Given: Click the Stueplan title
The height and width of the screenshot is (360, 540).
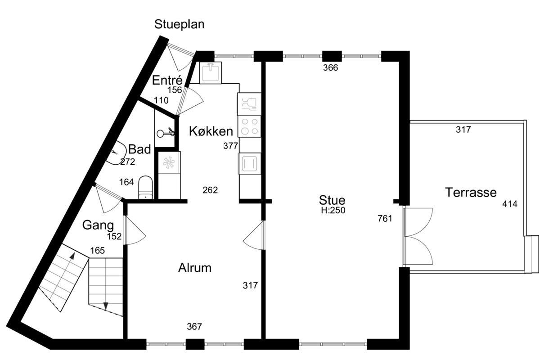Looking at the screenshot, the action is [x=179, y=25].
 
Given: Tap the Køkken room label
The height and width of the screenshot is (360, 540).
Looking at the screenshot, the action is [x=211, y=131].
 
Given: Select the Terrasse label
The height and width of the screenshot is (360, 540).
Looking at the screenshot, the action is [x=471, y=193].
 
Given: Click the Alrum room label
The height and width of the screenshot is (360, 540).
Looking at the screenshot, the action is [x=195, y=268].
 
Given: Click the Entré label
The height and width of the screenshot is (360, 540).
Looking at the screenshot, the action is [x=167, y=80].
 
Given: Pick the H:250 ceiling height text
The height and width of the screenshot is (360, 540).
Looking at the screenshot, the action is [x=333, y=211].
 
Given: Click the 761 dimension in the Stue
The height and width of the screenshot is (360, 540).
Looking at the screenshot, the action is [x=385, y=218].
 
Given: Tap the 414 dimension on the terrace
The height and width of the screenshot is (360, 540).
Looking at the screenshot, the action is [x=509, y=204].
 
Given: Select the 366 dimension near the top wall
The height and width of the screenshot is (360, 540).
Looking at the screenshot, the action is [x=330, y=68].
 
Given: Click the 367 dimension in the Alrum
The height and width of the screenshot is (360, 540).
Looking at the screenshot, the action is [x=194, y=327].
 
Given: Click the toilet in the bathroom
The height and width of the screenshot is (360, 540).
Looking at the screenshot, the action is [x=146, y=187].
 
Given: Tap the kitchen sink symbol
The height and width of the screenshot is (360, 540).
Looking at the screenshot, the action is [x=211, y=72].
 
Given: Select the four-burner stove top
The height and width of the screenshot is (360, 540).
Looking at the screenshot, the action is [x=249, y=126].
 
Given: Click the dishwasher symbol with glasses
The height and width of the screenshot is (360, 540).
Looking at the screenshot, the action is [x=249, y=104].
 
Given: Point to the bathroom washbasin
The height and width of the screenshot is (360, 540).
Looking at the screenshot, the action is [x=118, y=153].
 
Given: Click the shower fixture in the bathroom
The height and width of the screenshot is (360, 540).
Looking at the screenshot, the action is [x=166, y=132].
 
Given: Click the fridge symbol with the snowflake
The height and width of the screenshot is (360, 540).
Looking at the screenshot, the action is [x=169, y=162].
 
